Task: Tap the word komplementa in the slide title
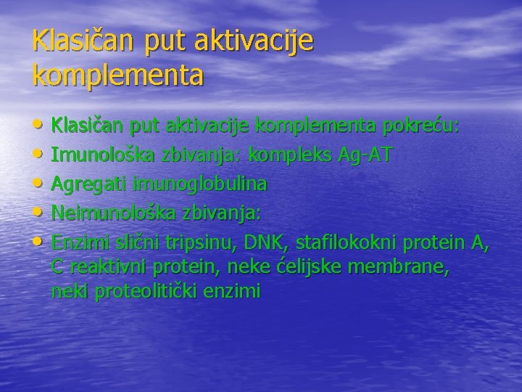(118, 75)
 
